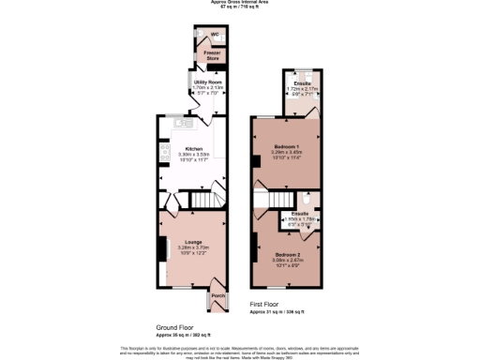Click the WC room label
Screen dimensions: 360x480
click(x=214, y=34)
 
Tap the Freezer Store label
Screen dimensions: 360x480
click(x=213, y=55)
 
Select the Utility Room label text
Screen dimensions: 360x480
click(x=207, y=82)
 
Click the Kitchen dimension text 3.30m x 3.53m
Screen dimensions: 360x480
click(x=193, y=155)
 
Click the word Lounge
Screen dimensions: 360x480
click(x=192, y=243)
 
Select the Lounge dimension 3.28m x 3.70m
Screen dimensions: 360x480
click(x=192, y=248)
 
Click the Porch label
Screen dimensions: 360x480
click(x=217, y=296)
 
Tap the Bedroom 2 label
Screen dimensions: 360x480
click(x=287, y=255)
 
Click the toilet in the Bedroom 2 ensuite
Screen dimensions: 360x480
click(x=307, y=199)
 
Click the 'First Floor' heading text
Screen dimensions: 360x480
click(x=265, y=305)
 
